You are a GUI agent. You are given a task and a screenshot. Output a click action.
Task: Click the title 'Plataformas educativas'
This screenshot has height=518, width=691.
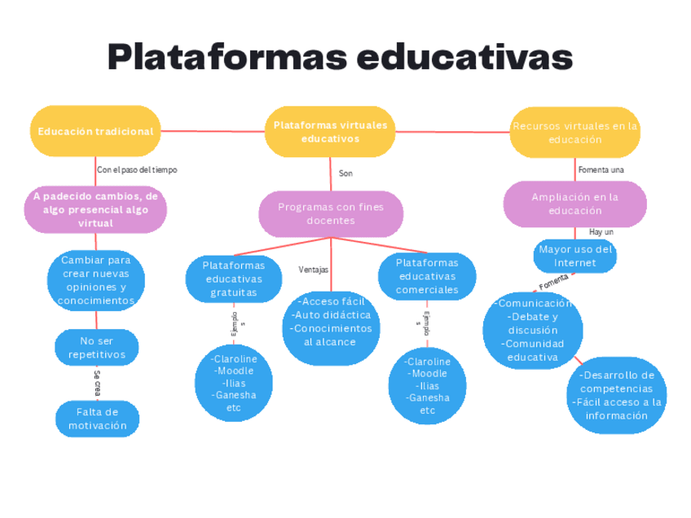point(340,57)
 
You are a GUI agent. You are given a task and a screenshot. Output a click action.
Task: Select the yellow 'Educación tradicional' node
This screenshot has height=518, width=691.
point(95,131)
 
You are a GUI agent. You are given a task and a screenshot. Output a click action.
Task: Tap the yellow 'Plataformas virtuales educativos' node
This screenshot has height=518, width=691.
point(330,132)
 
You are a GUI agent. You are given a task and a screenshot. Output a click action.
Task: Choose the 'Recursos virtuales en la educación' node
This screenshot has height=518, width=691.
point(574,133)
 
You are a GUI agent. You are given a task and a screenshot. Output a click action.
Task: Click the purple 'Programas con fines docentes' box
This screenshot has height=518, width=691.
point(330,213)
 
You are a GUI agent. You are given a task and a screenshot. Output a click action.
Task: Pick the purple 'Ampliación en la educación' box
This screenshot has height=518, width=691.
point(574,204)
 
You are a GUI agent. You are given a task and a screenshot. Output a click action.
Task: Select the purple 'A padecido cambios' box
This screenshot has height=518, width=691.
point(96,209)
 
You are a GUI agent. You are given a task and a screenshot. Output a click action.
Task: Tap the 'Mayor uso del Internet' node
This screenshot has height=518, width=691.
point(574,256)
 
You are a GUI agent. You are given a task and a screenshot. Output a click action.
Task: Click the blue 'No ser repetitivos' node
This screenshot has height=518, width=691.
point(97,348)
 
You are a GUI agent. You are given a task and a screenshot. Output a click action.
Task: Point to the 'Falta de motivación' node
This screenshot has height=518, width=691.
point(97,419)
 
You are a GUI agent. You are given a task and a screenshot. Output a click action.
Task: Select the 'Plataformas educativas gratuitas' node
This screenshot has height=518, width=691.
point(233,279)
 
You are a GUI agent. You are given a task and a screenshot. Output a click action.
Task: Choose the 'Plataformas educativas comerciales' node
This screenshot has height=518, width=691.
point(427,276)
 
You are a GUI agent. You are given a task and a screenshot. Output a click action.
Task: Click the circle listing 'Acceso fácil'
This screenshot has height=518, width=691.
point(330,322)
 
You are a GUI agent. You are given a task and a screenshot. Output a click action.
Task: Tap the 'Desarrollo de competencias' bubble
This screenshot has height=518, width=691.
point(616,395)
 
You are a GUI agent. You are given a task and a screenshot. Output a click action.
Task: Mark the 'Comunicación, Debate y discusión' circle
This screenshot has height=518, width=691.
point(532,330)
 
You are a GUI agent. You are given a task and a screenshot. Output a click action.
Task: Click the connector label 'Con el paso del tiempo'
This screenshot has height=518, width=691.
point(136,170)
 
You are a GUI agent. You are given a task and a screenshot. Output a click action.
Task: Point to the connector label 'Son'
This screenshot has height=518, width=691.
point(345,173)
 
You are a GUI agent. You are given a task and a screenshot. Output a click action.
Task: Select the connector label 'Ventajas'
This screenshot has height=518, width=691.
point(314,270)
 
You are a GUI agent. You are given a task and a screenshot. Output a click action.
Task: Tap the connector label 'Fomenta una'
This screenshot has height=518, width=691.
point(601,170)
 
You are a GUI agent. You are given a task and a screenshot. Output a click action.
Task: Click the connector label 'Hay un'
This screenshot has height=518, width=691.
point(601,232)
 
